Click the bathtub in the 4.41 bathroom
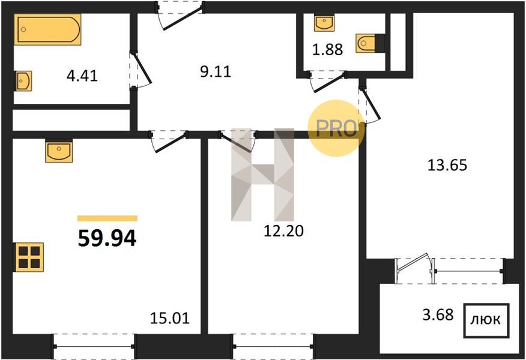point(47,29)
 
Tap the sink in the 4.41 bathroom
point(23,81)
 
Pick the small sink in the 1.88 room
point(324,23)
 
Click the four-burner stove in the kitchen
point(28,257)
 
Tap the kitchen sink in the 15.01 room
point(59,151)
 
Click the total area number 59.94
point(107,238)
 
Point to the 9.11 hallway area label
point(216,72)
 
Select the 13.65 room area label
point(447,165)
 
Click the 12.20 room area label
point(283,231)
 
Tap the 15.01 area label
point(170,318)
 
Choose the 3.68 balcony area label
point(438,315)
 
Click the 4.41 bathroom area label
point(82,76)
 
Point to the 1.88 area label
point(327,50)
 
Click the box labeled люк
point(486,320)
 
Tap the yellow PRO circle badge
point(336,128)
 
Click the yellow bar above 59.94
point(107,218)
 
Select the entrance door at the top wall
point(181,16)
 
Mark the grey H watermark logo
point(262,175)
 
